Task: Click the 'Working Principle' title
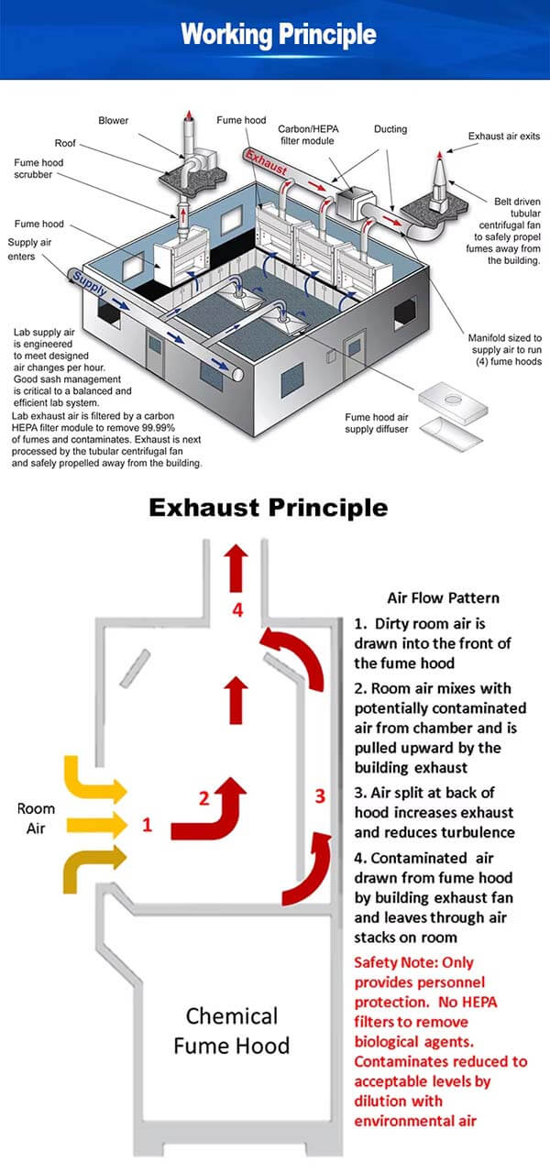(279, 35)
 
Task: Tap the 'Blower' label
(113, 120)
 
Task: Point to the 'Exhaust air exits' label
(504, 137)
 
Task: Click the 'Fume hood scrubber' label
(39, 170)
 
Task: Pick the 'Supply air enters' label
(30, 249)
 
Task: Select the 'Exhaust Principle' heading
(269, 507)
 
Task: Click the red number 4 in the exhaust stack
(237, 608)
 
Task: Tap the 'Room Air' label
(36, 818)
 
